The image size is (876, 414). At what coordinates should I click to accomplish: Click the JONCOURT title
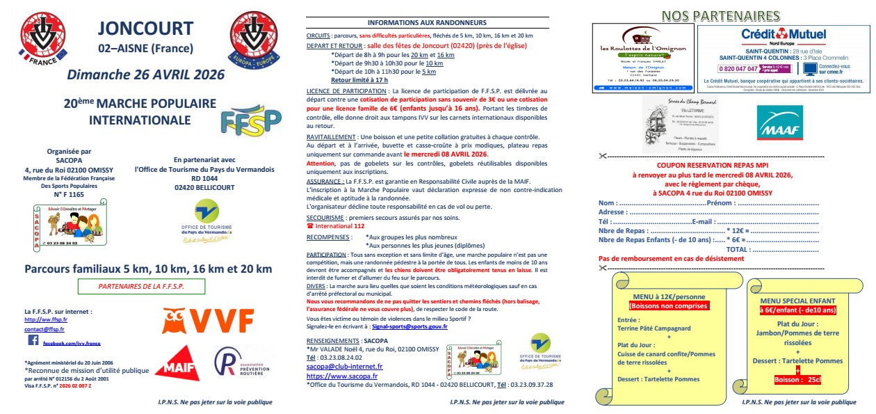click(x=145, y=29)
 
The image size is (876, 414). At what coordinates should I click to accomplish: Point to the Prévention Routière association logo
click(x=240, y=364)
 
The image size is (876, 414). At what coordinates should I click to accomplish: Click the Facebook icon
click(x=33, y=341)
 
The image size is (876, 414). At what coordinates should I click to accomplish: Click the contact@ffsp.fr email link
click(x=44, y=328)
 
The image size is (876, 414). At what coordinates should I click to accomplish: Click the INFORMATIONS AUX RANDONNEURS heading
click(x=427, y=22)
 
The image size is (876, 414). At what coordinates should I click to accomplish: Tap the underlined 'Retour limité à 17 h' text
click(x=359, y=80)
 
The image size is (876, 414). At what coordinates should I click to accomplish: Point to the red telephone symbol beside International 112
click(x=310, y=226)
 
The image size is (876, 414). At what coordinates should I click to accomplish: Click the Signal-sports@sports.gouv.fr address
click(x=410, y=326)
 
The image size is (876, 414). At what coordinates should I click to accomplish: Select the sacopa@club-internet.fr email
click(x=345, y=366)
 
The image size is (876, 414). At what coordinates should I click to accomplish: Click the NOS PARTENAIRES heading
click(x=720, y=15)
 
